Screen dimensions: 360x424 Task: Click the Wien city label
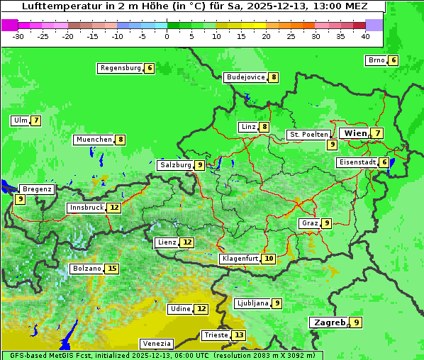[x=355, y=133]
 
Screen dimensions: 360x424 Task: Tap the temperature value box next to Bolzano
[x=112, y=269]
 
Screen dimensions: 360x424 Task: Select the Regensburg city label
[x=121, y=68]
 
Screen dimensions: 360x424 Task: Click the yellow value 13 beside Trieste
[x=239, y=335]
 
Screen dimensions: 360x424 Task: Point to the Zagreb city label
[x=329, y=322]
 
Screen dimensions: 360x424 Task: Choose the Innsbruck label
[x=85, y=208]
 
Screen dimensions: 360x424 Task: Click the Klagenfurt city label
[x=239, y=259]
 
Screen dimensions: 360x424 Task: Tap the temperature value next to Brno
[x=394, y=61]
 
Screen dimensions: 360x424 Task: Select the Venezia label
[x=155, y=344]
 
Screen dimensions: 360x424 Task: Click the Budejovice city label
[x=245, y=77]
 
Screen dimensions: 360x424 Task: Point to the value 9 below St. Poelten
[x=332, y=145]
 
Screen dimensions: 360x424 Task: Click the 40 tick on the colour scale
[x=365, y=36]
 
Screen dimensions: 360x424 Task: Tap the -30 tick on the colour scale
[x=18, y=36]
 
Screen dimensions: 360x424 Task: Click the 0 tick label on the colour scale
[x=167, y=36]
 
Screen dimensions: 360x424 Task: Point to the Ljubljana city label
[x=252, y=303]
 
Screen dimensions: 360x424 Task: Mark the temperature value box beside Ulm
[x=35, y=120]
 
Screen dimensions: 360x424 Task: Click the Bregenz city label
[x=37, y=189]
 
